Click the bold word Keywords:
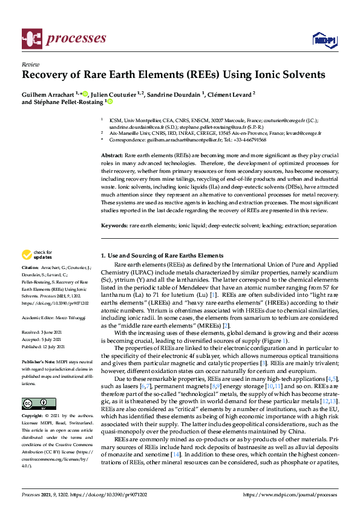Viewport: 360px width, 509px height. click(x=114, y=225)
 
